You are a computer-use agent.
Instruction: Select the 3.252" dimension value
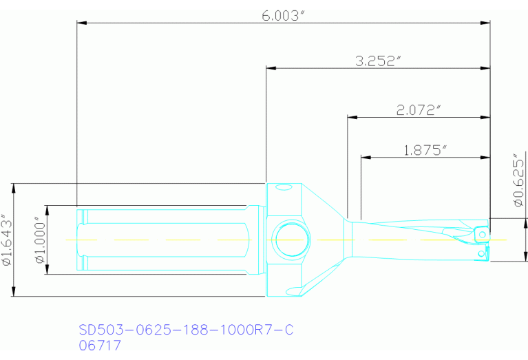[378, 61]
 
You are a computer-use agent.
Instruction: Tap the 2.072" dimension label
[419, 109]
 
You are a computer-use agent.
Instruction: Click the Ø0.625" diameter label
[518, 180]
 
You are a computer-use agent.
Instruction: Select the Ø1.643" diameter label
[6, 240]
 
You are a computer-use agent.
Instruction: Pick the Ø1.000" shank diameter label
[39, 240]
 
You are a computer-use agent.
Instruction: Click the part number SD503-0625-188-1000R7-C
[186, 330]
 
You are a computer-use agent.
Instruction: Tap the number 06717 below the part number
[101, 346]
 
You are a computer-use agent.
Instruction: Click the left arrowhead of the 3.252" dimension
[271, 67]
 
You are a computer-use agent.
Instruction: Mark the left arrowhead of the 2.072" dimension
[352, 116]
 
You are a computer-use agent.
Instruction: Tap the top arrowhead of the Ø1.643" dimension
[14, 187]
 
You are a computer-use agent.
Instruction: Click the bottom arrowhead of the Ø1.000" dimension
[47, 271]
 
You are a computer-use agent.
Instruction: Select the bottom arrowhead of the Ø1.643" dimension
[14, 293]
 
